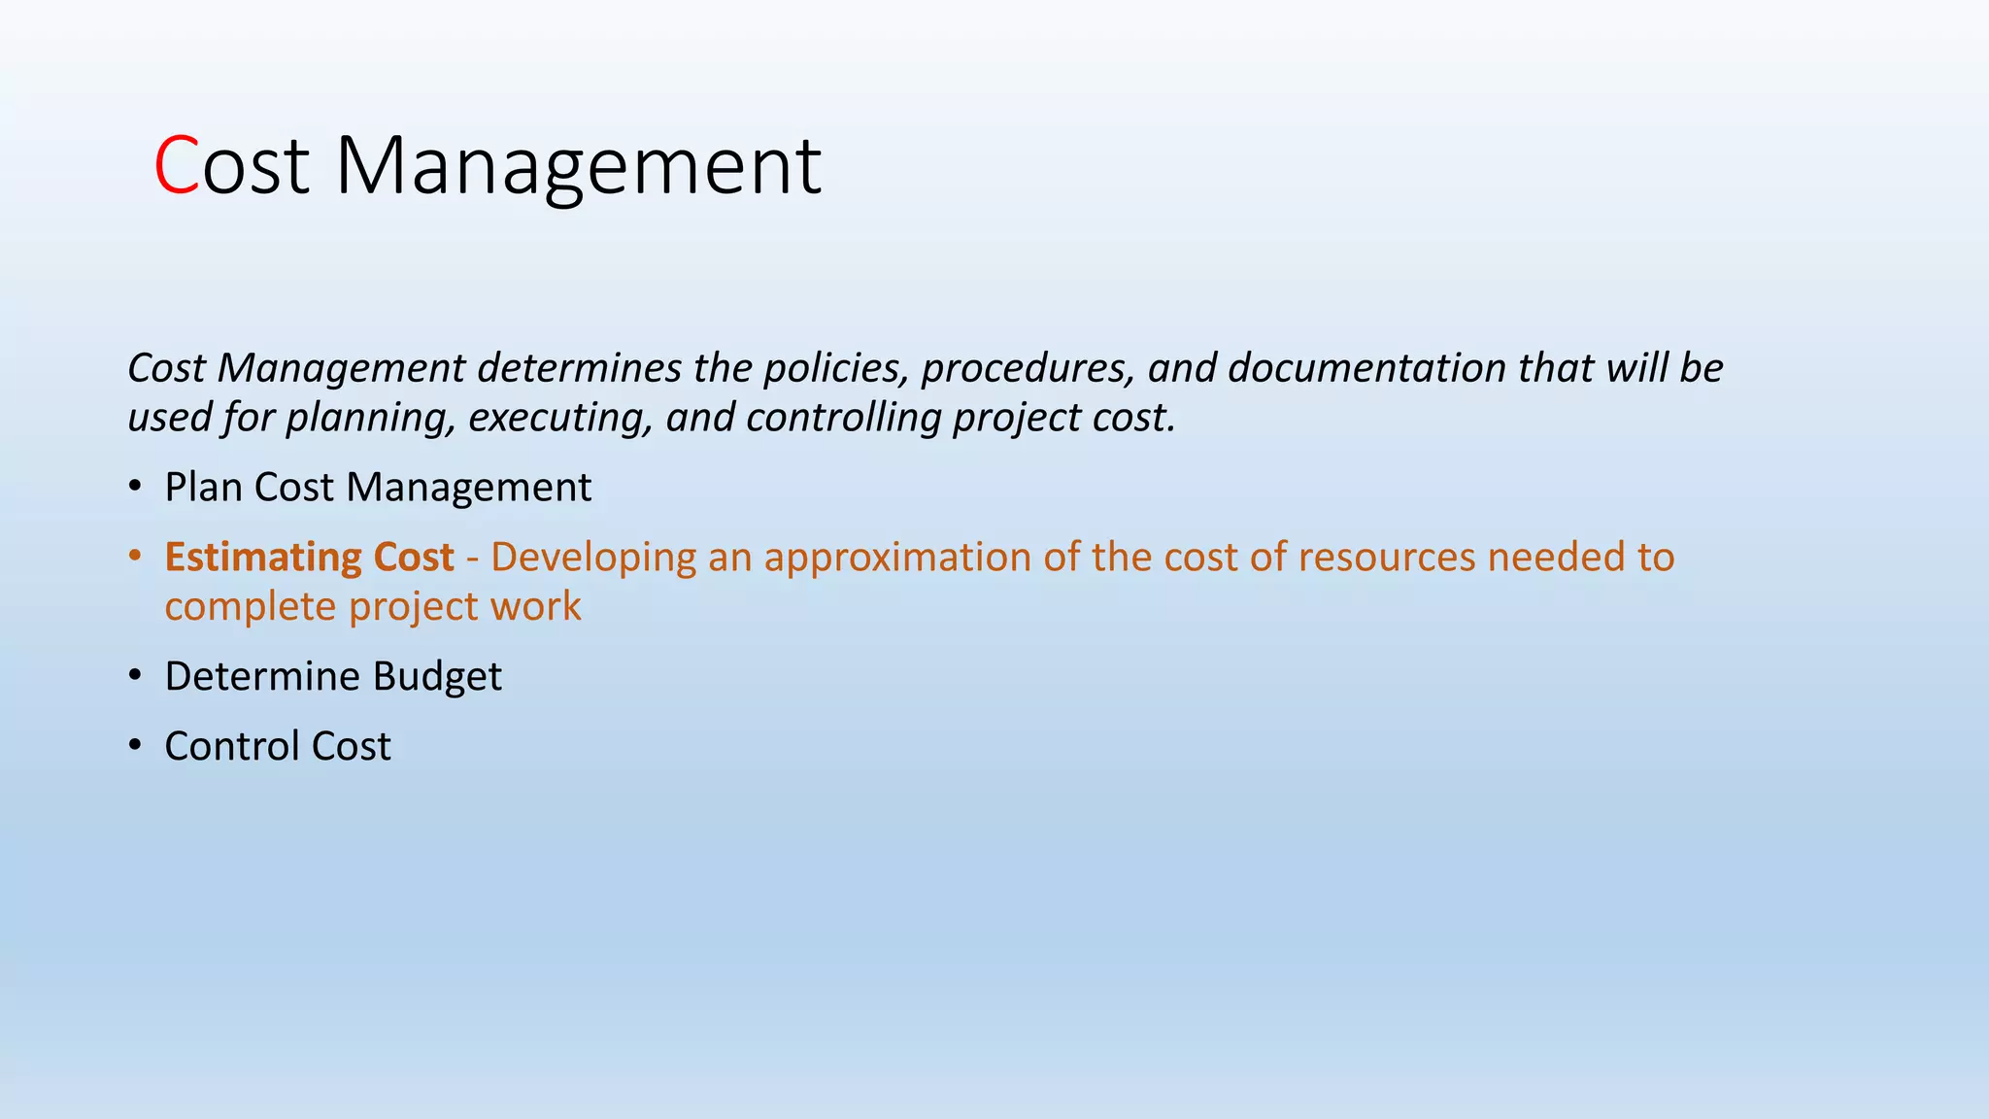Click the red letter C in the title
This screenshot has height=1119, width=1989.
(x=176, y=166)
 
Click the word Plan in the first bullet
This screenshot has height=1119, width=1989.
(x=203, y=487)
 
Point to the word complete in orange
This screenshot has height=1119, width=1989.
(x=250, y=607)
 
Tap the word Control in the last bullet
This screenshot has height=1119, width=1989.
(x=231, y=746)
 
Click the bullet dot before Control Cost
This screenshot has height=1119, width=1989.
(x=135, y=746)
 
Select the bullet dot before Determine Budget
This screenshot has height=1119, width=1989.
(x=135, y=676)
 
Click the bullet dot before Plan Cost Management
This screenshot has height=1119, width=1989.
(x=135, y=487)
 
